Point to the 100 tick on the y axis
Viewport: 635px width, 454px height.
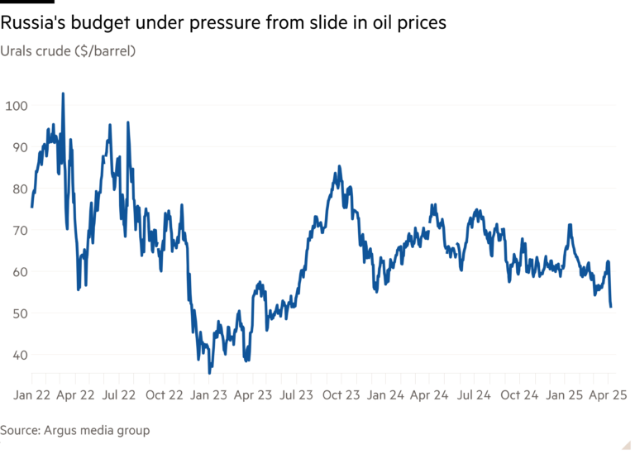[x=17, y=106]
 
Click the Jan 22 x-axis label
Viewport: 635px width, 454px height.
[x=31, y=395]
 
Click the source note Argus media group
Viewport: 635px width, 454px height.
[x=74, y=431]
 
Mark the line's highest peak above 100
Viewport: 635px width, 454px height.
[x=64, y=93]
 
